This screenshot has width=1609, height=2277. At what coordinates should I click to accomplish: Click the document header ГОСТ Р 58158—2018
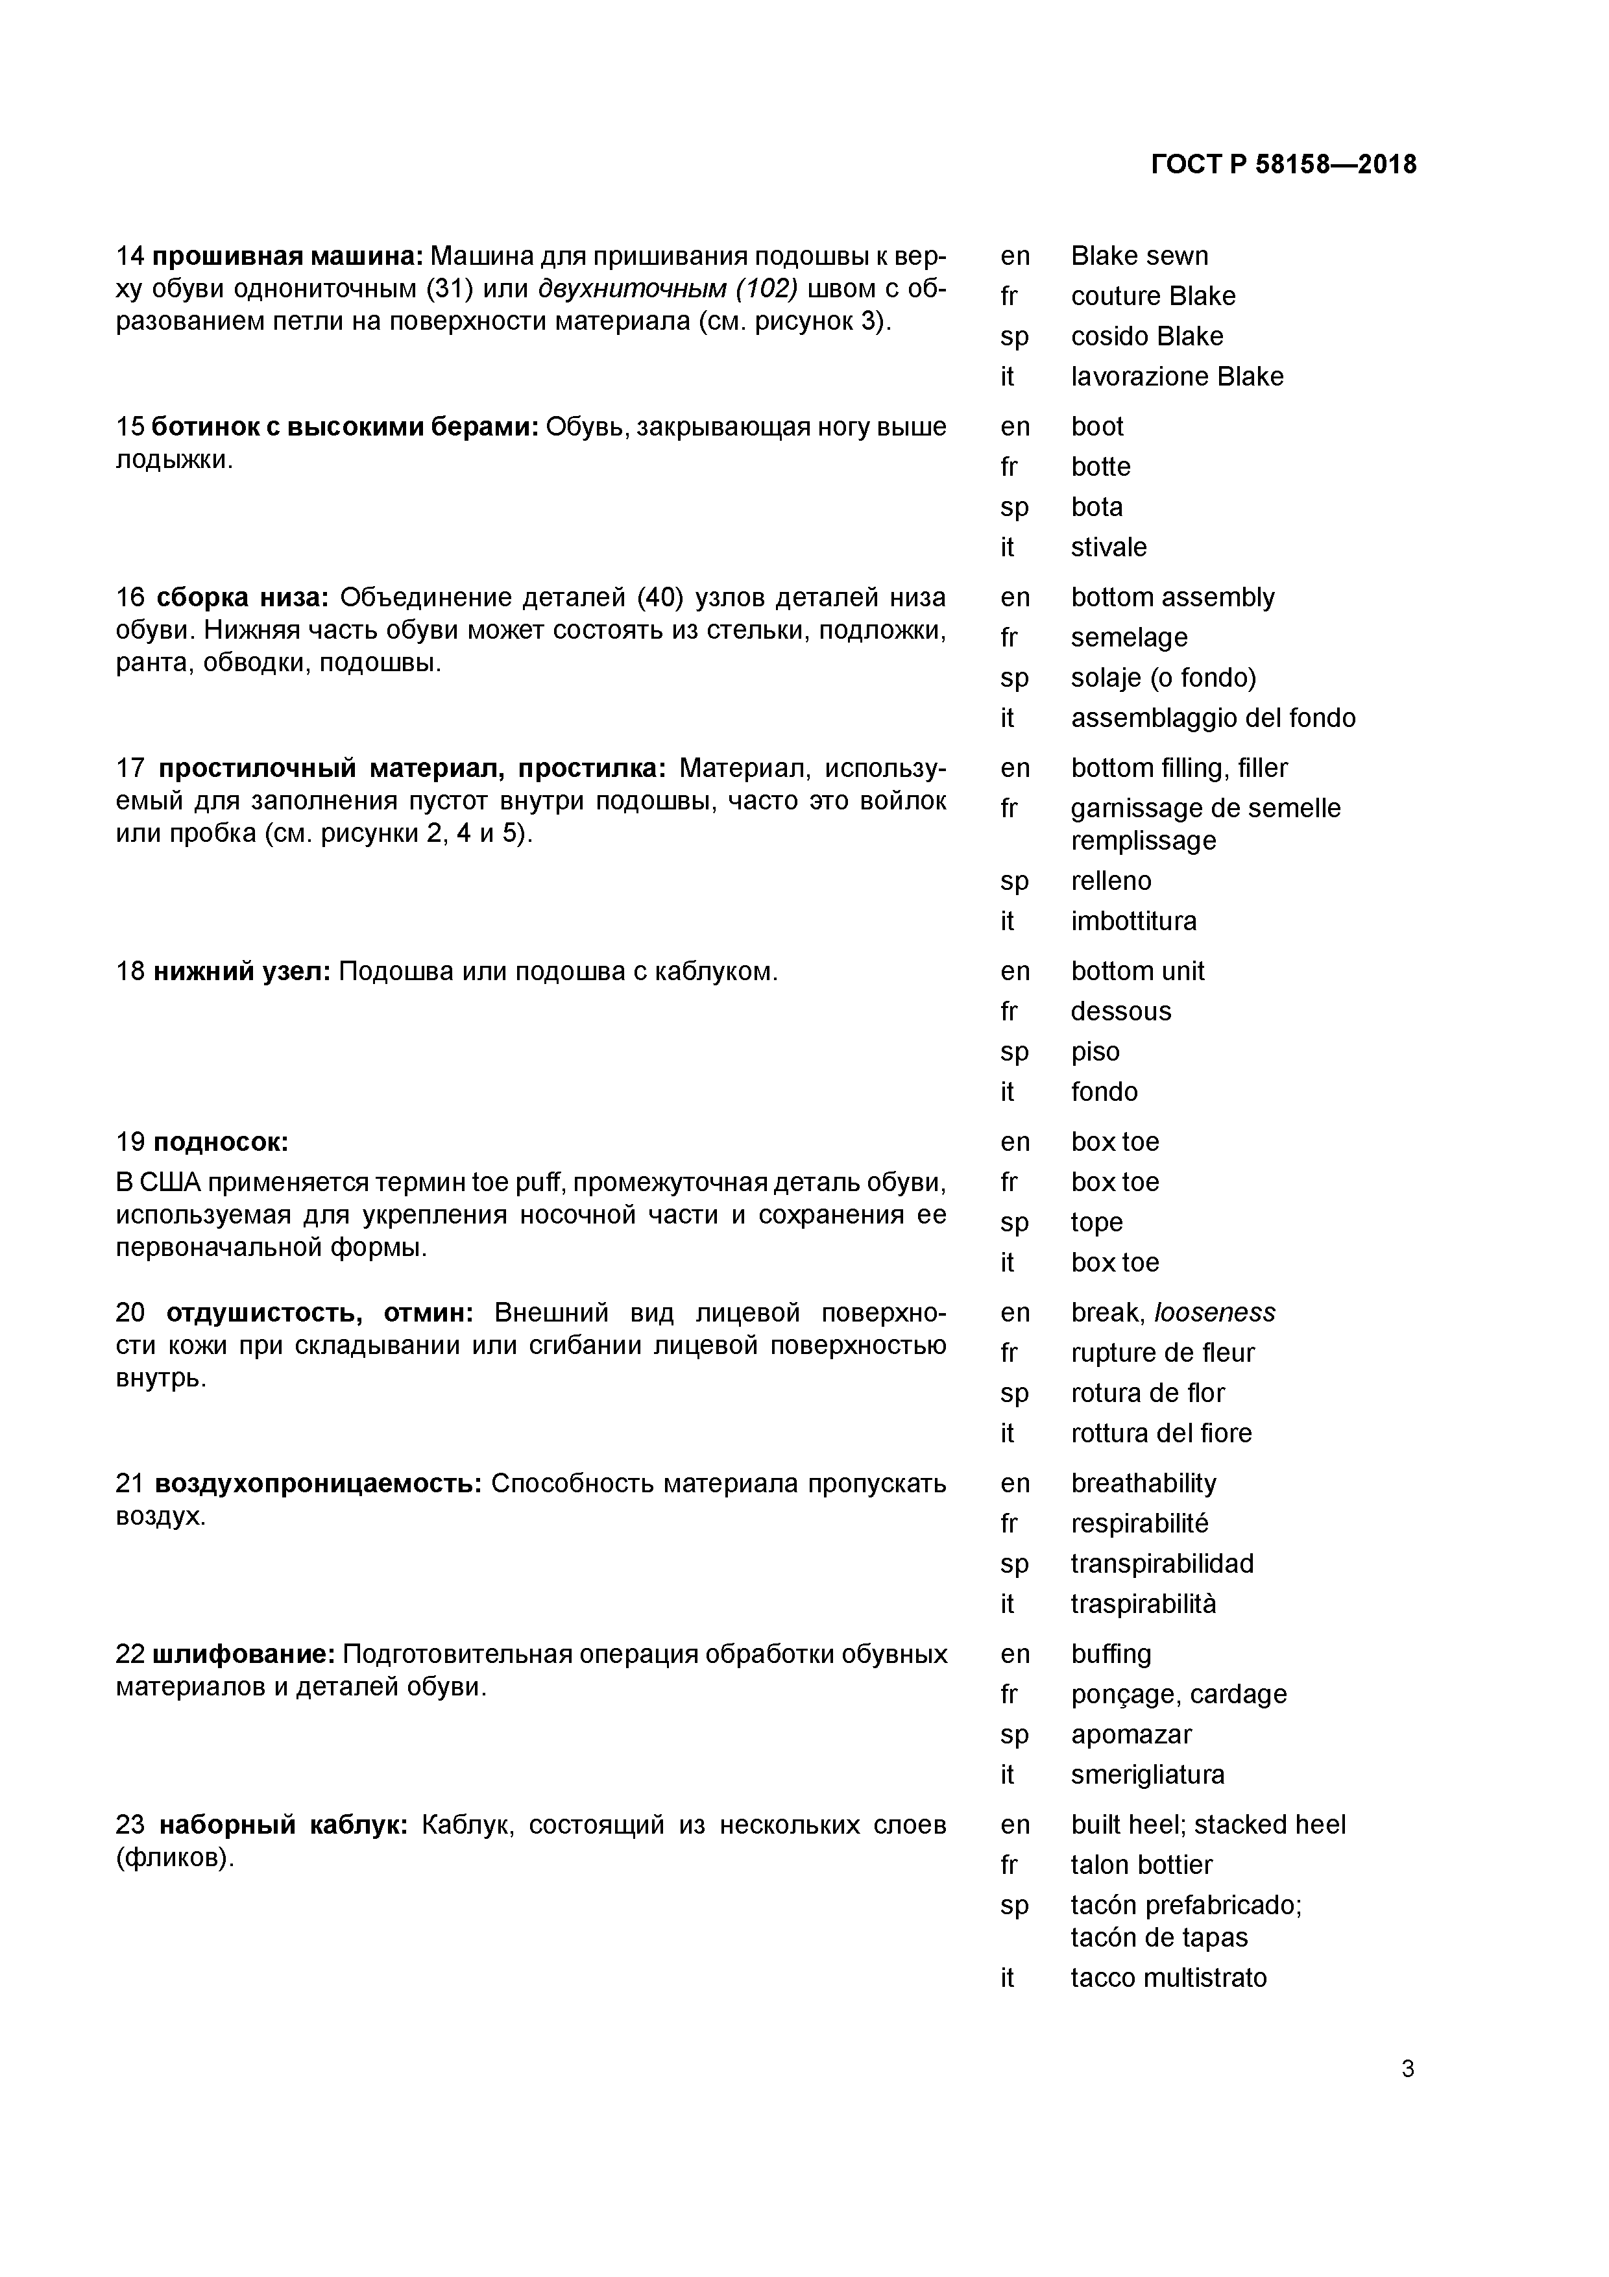(x=1284, y=165)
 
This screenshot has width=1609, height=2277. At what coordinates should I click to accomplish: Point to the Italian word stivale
(x=1108, y=547)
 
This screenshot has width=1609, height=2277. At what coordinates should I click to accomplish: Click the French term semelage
(x=1128, y=637)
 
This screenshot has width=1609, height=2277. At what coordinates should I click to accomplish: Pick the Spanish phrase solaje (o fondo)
(x=1163, y=678)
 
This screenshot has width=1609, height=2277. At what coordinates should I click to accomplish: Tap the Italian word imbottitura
(x=1133, y=921)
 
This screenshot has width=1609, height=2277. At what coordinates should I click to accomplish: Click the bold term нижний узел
(x=241, y=971)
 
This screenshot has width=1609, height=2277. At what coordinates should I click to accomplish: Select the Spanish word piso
(x=1095, y=1052)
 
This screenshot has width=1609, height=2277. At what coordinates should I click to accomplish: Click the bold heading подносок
(x=220, y=1142)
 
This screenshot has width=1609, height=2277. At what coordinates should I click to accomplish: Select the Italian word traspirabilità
(x=1143, y=1604)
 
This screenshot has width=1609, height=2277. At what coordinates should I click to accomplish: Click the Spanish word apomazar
(x=1130, y=1734)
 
